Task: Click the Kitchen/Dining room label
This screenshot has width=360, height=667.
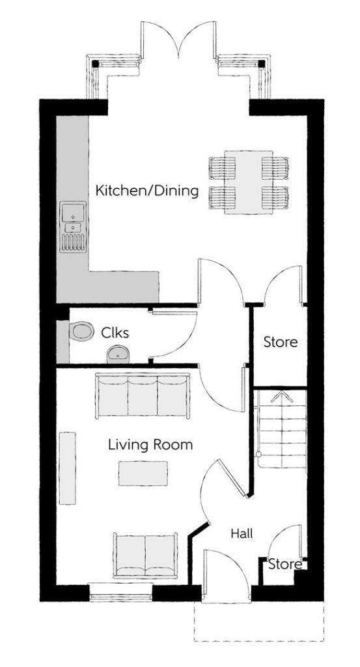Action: pos(146,191)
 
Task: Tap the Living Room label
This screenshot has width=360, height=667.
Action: pos(150,445)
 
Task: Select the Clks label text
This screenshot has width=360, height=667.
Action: pos(115,333)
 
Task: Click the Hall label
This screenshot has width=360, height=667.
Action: pos(242,533)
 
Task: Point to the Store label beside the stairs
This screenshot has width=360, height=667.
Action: pos(280,341)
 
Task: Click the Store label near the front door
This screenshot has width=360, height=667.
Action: pos(285,563)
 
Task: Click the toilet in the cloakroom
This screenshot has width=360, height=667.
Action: pos(81,332)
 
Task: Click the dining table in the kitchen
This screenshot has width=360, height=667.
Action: pos(248,182)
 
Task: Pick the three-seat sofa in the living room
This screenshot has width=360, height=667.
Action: pos(142,395)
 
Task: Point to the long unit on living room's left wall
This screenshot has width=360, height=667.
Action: pos(67,467)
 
